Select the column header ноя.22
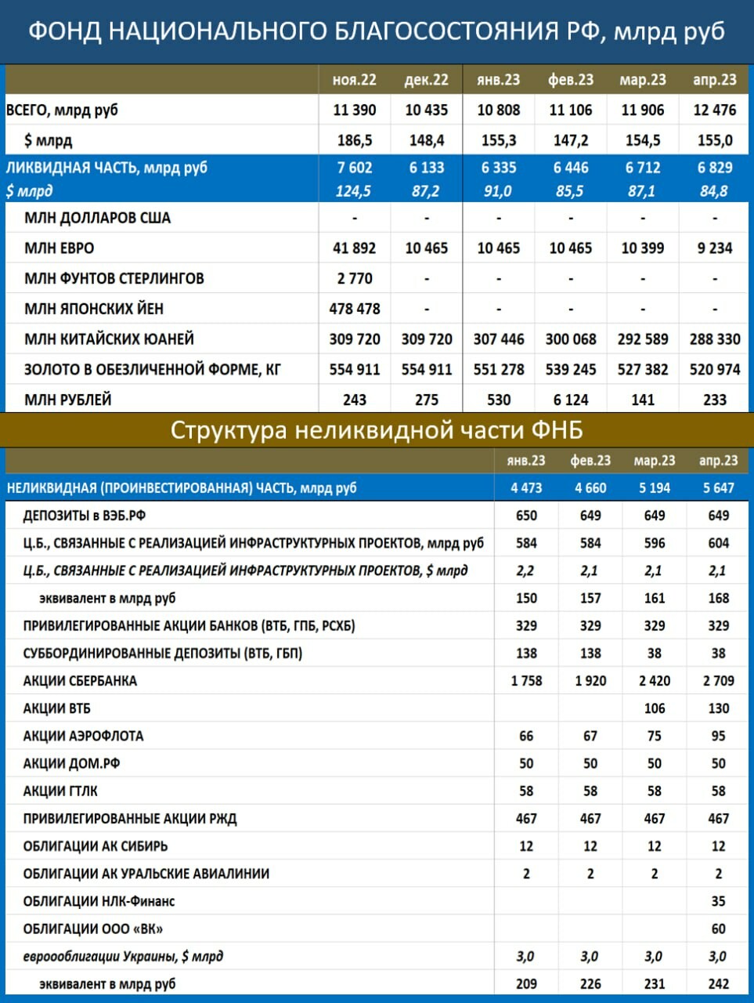pyautogui.click(x=354, y=80)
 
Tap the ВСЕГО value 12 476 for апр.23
pyautogui.click(x=714, y=110)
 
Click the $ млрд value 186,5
pyautogui.click(x=354, y=141)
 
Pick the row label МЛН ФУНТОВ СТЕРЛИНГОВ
pyautogui.click(x=114, y=279)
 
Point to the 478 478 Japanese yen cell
pyautogui.click(x=354, y=309)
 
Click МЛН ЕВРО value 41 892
pyautogui.click(x=354, y=248)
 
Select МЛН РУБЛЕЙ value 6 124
pyautogui.click(x=570, y=400)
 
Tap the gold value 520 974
pyautogui.click(x=714, y=369)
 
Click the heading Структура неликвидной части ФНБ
pyautogui.click(x=376, y=430)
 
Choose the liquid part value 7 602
pyautogui.click(x=354, y=168)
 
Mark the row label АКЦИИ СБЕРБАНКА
pyautogui.click(x=80, y=681)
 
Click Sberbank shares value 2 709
pyautogui.click(x=718, y=681)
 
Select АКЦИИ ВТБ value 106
pyautogui.click(x=654, y=708)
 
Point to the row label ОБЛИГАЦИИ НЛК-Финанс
pyautogui.click(x=99, y=901)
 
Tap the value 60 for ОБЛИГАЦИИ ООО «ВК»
pyautogui.click(x=718, y=929)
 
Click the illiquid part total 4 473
pyautogui.click(x=526, y=488)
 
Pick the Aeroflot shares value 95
pyautogui.click(x=718, y=736)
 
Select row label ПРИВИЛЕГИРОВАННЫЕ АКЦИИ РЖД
pyautogui.click(x=129, y=819)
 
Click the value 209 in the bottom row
pyautogui.click(x=526, y=983)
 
